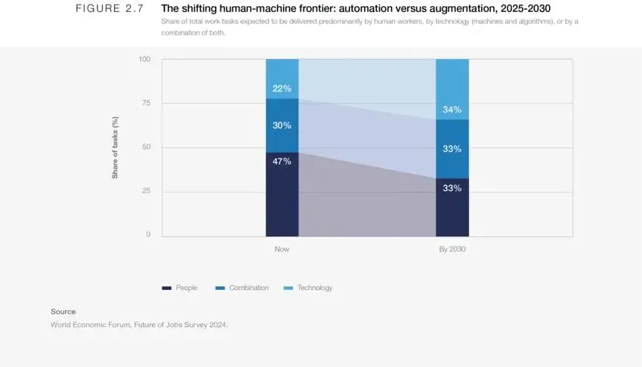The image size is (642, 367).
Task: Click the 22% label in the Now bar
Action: [x=282, y=88]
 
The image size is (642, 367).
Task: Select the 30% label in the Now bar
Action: [x=282, y=125]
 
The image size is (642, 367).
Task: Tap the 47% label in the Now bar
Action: [x=282, y=161]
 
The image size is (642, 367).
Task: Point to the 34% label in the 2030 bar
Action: [x=452, y=109]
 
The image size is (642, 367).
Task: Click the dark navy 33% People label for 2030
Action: [x=452, y=188]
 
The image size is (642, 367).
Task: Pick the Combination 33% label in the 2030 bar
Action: [x=452, y=149]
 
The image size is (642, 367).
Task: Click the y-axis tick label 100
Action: [x=144, y=59]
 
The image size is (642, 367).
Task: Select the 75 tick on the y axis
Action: [x=147, y=103]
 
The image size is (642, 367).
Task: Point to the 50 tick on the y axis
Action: [x=147, y=146]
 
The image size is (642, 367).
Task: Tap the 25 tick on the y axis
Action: [x=147, y=190]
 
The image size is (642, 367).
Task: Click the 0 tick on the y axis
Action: [x=148, y=234]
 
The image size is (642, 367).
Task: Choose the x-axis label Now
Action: [x=282, y=248]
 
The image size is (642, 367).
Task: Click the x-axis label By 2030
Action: [x=452, y=248]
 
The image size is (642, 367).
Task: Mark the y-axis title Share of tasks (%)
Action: [x=115, y=147]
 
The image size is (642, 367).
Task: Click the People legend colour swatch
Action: [x=167, y=288]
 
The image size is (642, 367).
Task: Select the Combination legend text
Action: [x=249, y=288]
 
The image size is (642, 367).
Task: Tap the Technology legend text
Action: [x=315, y=288]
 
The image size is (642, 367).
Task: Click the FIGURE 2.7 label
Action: [x=110, y=8]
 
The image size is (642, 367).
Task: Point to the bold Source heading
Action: [x=63, y=311]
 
